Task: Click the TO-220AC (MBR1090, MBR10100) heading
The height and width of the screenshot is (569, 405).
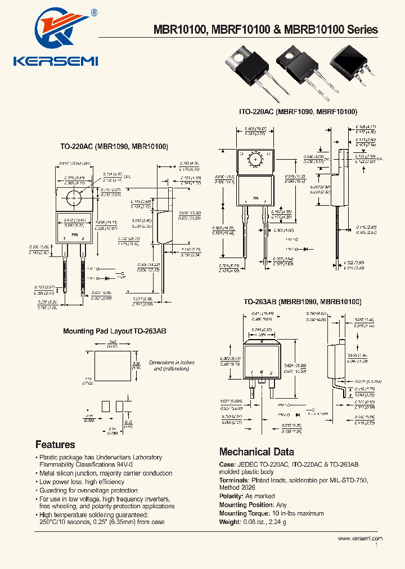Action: coord(114,147)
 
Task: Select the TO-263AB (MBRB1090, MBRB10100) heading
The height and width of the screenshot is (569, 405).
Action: coord(302,302)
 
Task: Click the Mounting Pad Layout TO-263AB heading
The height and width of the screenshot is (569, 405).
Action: coord(114,332)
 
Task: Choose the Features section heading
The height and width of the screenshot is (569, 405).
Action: coord(55,445)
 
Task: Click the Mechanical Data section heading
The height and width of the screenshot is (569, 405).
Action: coord(256,451)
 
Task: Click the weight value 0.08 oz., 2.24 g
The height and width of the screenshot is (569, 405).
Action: coord(271,522)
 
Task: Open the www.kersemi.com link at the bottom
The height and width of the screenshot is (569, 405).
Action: coord(360,538)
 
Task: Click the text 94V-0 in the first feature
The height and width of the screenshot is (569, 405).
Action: coord(125,466)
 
